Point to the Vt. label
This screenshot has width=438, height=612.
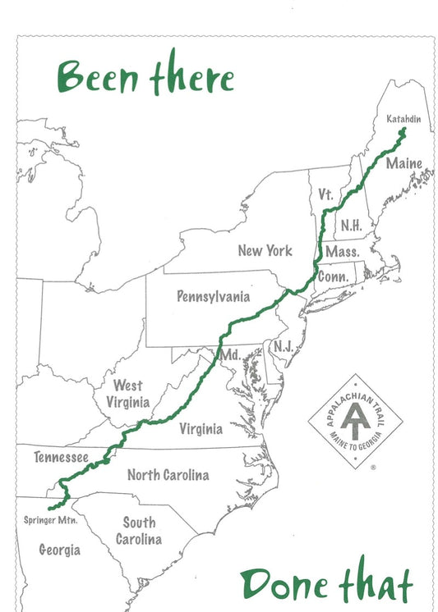pyautogui.click(x=325, y=195)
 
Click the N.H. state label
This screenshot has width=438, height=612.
pyautogui.click(x=351, y=224)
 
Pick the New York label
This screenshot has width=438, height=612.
pyautogui.click(x=265, y=249)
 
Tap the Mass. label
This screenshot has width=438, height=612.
pyautogui.click(x=341, y=251)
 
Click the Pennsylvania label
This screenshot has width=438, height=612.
pyautogui.click(x=213, y=296)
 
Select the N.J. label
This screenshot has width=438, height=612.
pyautogui.click(x=284, y=346)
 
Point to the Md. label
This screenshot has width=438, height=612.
pyautogui.click(x=228, y=355)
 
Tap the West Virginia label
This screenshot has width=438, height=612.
pyautogui.click(x=127, y=394)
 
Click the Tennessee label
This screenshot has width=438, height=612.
pyautogui.click(x=60, y=456)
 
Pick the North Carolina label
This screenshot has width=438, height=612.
pyautogui.click(x=168, y=475)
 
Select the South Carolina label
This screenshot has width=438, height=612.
pyautogui.click(x=139, y=531)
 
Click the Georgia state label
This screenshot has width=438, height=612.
pyautogui.click(x=60, y=550)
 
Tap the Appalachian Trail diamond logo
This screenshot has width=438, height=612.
pyautogui.click(x=355, y=422)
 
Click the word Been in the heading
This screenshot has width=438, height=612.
pyautogui.click(x=100, y=79)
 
